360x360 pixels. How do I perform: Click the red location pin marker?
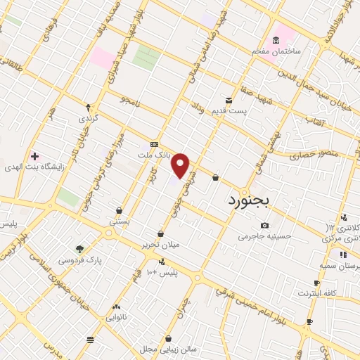[181, 165]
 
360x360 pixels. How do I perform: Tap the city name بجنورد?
[254, 200]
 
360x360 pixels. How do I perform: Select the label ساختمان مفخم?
[278, 51]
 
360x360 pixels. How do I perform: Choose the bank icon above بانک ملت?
[154, 143]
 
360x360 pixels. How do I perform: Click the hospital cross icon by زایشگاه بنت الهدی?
[34, 155]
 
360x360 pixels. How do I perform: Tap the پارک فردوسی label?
[79, 260]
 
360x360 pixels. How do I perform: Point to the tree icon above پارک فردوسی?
[79, 249]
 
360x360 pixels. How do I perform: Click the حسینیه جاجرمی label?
[264, 236]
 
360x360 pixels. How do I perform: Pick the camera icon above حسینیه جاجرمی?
[264, 225]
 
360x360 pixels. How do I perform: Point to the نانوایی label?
[117, 317]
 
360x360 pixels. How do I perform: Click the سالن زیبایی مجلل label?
[169, 348]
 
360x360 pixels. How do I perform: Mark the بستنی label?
[119, 221]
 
